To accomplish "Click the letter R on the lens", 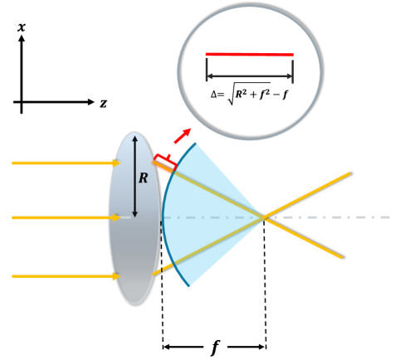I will (x=143, y=178).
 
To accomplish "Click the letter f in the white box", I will (x=215, y=347).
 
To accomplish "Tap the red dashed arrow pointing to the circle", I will (x=183, y=135).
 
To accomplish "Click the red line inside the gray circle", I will (x=249, y=55).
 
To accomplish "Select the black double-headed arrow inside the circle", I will (x=249, y=76).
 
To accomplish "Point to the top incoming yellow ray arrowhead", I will (x=116, y=163).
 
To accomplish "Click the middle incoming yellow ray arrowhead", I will (x=116, y=217).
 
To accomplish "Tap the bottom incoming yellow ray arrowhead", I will (x=116, y=276).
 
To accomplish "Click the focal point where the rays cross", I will (x=263, y=217).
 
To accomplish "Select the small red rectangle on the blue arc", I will (x=164, y=163).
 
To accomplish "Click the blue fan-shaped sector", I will (x=207, y=217).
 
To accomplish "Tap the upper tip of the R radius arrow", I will (x=134, y=138).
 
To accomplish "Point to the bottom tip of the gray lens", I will (x=134, y=302).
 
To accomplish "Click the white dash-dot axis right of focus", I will (x=332, y=217).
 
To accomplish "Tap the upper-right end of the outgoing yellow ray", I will (x=349, y=173).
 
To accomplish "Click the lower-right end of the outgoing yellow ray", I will (x=341, y=257).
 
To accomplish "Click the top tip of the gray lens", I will (x=134, y=132).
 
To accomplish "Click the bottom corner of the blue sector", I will (x=190, y=286).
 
